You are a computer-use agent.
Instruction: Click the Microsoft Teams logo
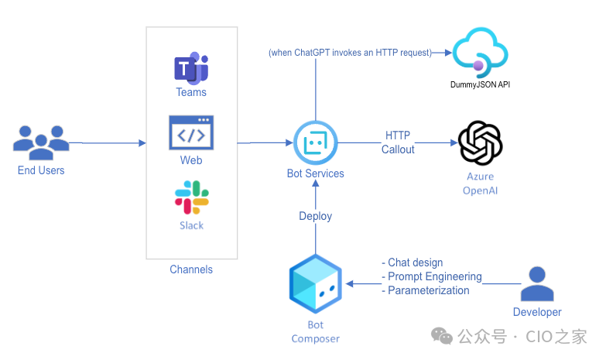191,68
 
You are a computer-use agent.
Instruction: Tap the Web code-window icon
191,132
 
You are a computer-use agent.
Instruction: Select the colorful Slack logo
192,197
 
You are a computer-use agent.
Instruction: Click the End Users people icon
41,142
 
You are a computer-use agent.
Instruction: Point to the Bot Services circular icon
315,142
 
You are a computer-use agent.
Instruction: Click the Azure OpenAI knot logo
480,142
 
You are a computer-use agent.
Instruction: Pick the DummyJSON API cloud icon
480,53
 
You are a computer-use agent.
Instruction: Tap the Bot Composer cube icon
315,283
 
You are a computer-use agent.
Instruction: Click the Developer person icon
537,283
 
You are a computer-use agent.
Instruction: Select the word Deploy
315,216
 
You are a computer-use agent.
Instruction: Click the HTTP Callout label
398,142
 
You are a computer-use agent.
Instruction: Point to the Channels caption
191,269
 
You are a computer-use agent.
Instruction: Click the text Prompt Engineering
435,276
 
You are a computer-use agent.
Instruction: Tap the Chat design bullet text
413,262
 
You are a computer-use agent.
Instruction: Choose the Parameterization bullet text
426,290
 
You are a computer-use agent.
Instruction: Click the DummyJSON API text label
480,84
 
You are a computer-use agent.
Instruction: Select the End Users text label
41,170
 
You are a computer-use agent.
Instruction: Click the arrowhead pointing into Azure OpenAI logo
454,142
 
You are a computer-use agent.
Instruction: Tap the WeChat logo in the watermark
442,336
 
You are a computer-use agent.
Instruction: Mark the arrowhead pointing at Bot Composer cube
349,284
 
